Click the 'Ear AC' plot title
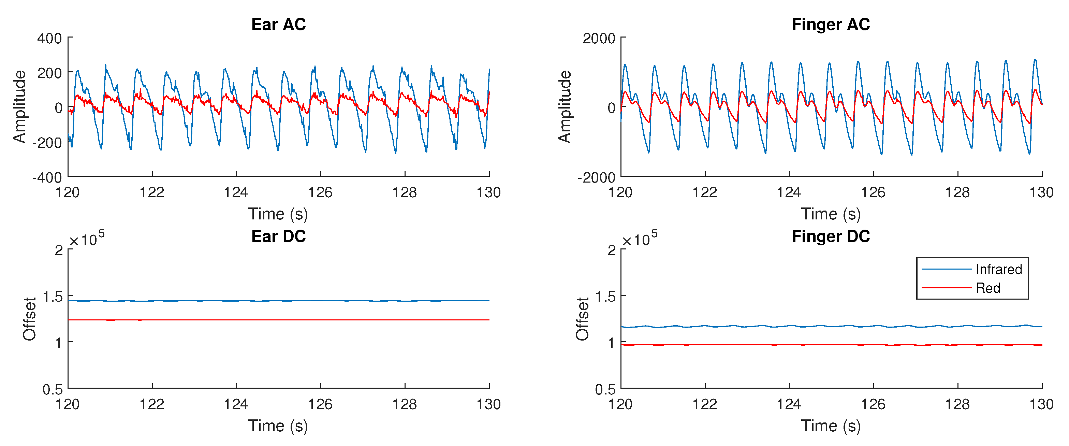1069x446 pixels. pyautogui.click(x=278, y=25)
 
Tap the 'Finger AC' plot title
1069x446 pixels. pyautogui.click(x=831, y=25)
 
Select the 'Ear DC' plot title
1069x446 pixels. pyautogui.click(x=278, y=236)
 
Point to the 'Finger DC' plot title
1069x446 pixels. pyautogui.click(x=831, y=236)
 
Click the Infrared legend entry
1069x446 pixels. pyautogui.click(x=998, y=270)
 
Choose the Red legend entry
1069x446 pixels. pyautogui.click(x=988, y=288)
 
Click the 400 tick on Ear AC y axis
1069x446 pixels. pyautogui.click(x=49, y=39)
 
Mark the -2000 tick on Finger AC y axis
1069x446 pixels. pyautogui.click(x=596, y=178)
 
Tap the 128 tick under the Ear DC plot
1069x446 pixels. pyautogui.click(x=405, y=404)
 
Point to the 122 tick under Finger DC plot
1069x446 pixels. pyautogui.click(x=705, y=404)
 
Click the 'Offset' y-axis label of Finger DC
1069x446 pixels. pyautogui.click(x=582, y=319)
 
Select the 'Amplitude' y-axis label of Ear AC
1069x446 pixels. pyautogui.click(x=19, y=107)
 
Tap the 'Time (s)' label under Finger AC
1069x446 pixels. pyautogui.click(x=831, y=214)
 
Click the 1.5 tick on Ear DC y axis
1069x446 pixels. pyautogui.click(x=53, y=297)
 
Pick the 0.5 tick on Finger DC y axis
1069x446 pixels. pyautogui.click(x=605, y=389)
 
